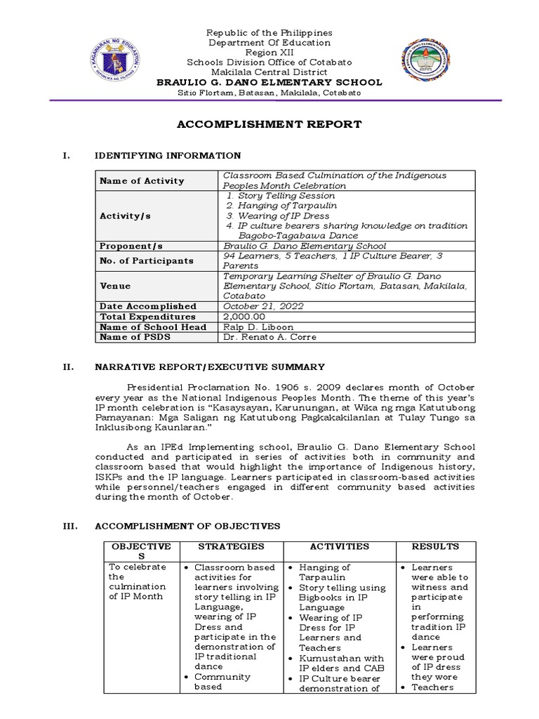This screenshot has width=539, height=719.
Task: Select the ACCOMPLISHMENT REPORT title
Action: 269,124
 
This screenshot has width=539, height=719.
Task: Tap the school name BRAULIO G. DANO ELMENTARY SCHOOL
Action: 269,82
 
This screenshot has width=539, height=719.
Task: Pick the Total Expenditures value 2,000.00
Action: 242,317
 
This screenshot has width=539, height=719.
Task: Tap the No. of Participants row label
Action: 146,260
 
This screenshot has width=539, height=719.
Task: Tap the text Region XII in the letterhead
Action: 269,53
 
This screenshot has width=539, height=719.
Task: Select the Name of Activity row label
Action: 142,180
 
